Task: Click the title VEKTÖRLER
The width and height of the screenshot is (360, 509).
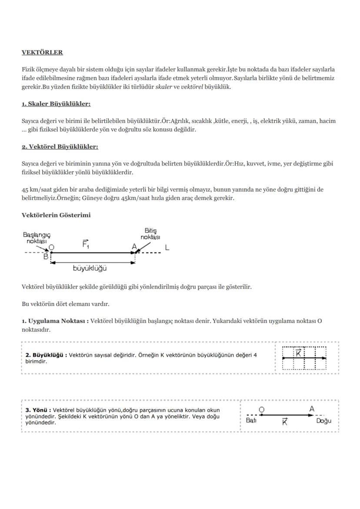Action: point(42,53)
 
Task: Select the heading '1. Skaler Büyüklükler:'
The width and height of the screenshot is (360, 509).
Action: point(56,104)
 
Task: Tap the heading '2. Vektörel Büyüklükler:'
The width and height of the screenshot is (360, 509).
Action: point(60,147)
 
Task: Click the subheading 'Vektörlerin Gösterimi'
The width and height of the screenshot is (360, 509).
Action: point(56,215)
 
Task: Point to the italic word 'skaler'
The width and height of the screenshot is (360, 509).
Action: point(163,86)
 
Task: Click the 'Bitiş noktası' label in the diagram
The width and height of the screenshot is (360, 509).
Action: point(150,234)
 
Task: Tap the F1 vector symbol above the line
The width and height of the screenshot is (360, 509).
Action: point(86,243)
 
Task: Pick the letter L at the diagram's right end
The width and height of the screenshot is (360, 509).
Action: point(167,247)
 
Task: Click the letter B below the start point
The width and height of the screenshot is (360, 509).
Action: point(46,256)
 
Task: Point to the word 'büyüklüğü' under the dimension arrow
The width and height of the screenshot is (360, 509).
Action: point(90,268)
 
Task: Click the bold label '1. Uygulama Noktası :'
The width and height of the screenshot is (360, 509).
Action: point(55,321)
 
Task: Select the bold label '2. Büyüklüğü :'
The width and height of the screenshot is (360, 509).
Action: point(46,355)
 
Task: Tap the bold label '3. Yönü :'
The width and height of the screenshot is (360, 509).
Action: point(38,410)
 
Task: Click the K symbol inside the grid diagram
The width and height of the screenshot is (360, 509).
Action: point(299,353)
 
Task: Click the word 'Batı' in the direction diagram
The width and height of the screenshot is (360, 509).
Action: point(251,421)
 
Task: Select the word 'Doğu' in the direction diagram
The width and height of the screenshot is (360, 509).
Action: point(323,421)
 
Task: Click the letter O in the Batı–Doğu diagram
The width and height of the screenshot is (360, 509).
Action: point(261,409)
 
